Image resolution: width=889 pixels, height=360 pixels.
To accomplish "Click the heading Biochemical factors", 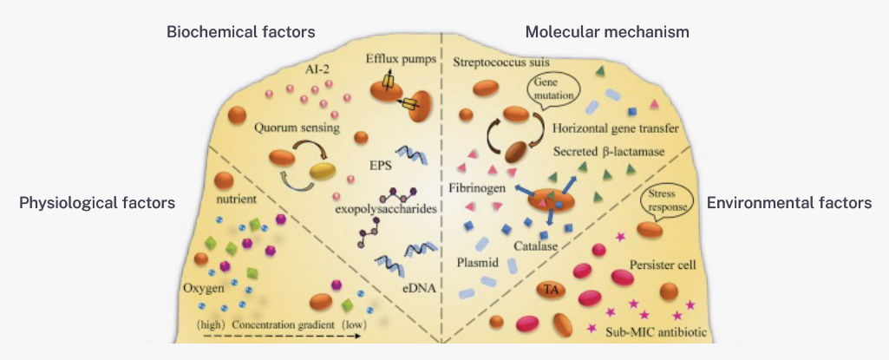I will pyautogui.click(x=240, y=32).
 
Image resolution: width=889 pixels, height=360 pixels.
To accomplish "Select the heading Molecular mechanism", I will pyautogui.click(x=607, y=32).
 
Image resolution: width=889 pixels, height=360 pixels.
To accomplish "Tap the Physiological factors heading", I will pyautogui.click(x=97, y=202).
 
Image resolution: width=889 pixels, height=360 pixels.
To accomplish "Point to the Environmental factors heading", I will pyautogui.click(x=788, y=202).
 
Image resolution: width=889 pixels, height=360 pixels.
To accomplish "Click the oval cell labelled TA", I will pyautogui.click(x=549, y=288).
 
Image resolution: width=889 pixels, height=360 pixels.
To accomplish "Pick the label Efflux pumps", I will pyautogui.click(x=399, y=61).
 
